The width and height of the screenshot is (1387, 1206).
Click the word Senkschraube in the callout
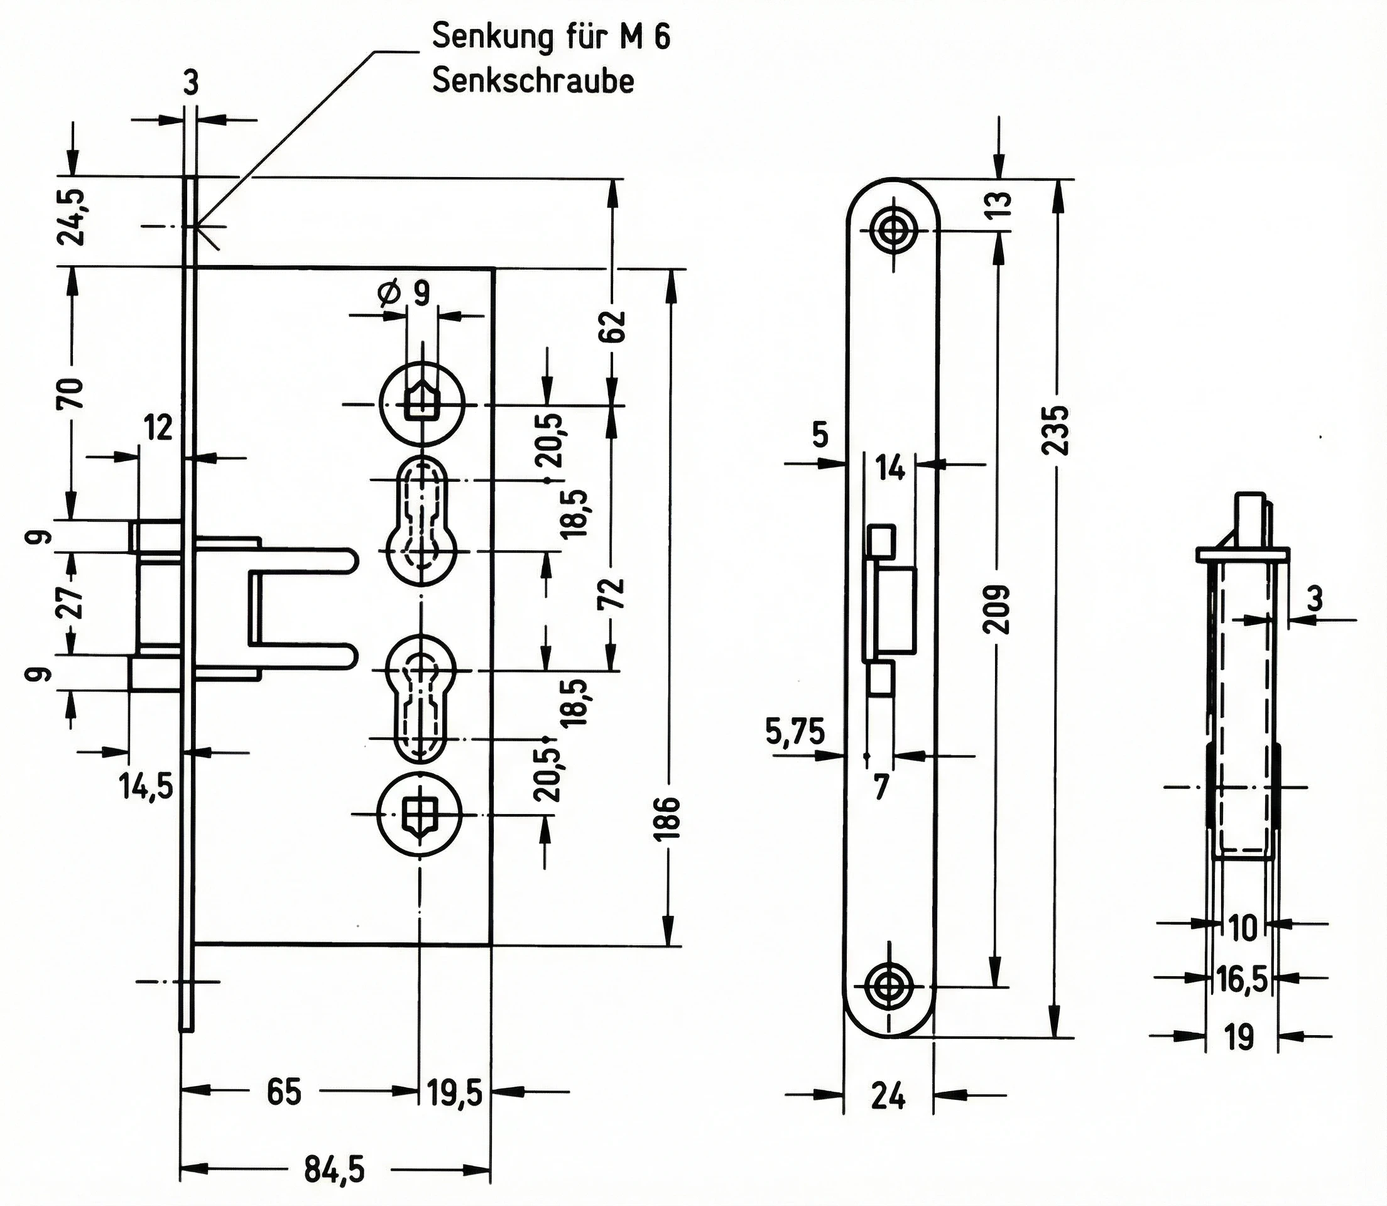pos(533,81)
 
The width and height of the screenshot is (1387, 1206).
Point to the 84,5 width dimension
pos(334,1170)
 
